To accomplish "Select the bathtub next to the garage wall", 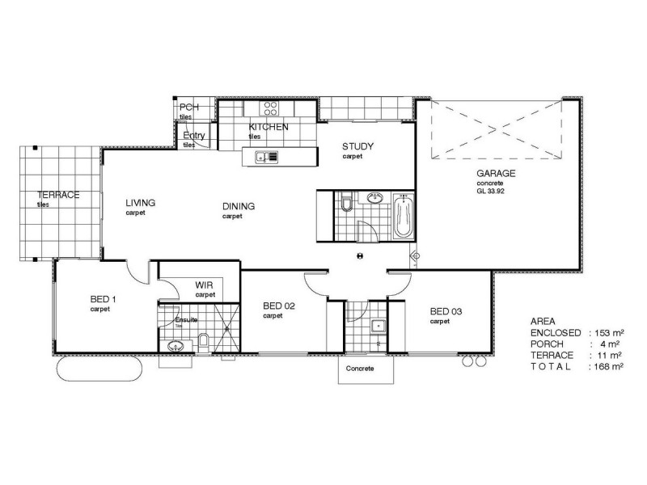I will [x=402, y=216].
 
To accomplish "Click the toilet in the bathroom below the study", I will [x=347, y=204].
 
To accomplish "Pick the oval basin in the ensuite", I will [x=174, y=347].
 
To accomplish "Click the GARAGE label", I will [x=496, y=173].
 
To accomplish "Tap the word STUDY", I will [x=357, y=146].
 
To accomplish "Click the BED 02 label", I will [x=280, y=306].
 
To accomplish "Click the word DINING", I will [x=239, y=206].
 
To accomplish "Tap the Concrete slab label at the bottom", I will [x=359, y=369].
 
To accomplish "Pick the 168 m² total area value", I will [x=608, y=366].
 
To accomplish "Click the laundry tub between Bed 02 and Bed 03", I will [x=375, y=327].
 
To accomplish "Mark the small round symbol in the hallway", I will [x=358, y=255].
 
